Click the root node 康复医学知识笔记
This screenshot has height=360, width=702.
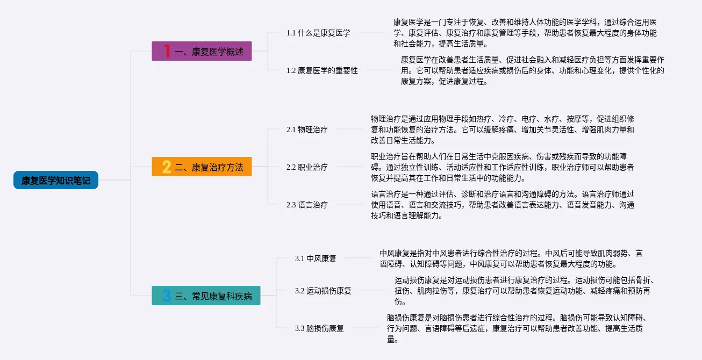click(x=56, y=180)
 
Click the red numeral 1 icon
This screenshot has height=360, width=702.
click(x=167, y=52)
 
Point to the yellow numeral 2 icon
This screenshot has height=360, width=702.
click(x=167, y=167)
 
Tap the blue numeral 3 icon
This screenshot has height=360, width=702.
click(x=167, y=295)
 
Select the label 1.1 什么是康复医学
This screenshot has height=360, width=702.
click(x=318, y=33)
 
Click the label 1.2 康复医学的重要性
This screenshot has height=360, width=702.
click(x=322, y=70)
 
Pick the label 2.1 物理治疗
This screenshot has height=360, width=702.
click(x=307, y=129)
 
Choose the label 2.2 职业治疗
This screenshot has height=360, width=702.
click(x=307, y=167)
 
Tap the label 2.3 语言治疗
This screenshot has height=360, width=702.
click(x=307, y=205)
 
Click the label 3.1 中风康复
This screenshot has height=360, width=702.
click(x=316, y=258)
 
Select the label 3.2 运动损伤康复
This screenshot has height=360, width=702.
click(x=323, y=291)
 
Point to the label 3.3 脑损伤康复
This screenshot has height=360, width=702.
click(x=319, y=328)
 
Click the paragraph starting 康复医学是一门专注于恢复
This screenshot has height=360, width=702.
click(x=525, y=33)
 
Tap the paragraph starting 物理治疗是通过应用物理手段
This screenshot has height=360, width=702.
click(x=502, y=129)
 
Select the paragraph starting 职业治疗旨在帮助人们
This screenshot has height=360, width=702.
click(x=502, y=167)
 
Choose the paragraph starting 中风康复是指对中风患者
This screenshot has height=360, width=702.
click(x=511, y=258)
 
